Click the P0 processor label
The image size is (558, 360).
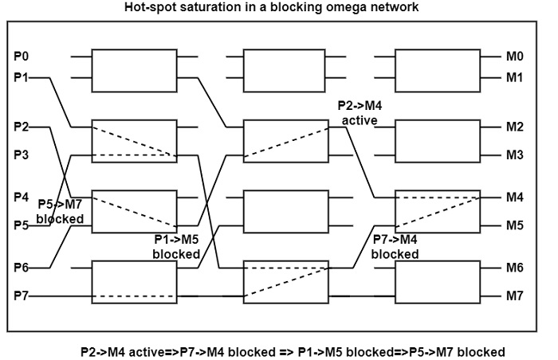pos(22,57)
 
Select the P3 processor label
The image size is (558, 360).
pos(22,155)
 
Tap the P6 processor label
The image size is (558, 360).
pos(22,267)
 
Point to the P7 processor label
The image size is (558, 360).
pos(22,296)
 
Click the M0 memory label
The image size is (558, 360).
pos(514,57)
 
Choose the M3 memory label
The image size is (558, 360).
pos(514,155)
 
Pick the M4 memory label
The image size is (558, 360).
pos(514,197)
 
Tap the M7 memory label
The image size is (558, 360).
pos(514,296)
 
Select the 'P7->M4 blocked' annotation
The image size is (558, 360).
pos(395,247)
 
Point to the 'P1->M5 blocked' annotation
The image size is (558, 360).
pos(176,247)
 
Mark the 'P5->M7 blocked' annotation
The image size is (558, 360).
pos(60,211)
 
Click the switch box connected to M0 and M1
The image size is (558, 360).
pos(438,68)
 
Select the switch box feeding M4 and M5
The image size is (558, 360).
pos(438,211)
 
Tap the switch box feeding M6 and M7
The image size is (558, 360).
pos(438,281)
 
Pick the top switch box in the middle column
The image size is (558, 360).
pos(285,68)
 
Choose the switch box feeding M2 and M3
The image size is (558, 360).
pos(438,140)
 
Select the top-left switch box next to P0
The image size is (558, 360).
pos(134,68)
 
